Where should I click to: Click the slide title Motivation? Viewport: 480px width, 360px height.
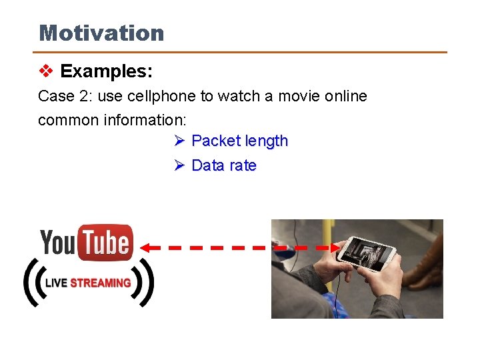click(x=101, y=33)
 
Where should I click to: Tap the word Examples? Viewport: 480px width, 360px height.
click(x=106, y=71)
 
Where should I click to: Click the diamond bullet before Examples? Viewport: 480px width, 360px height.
click(x=45, y=71)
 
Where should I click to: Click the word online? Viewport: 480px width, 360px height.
click(x=345, y=96)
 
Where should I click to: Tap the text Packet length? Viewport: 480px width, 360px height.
click(x=239, y=141)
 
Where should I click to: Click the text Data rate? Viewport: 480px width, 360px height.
click(x=223, y=165)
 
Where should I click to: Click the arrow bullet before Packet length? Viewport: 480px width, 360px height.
click(x=179, y=141)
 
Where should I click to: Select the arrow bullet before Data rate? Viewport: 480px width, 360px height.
click(x=179, y=165)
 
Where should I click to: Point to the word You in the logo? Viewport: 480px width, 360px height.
click(x=59, y=243)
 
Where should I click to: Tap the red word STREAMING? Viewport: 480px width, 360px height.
click(x=100, y=283)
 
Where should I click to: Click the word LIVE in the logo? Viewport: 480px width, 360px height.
click(x=56, y=283)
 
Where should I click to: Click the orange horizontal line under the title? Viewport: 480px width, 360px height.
click(x=240, y=52)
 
